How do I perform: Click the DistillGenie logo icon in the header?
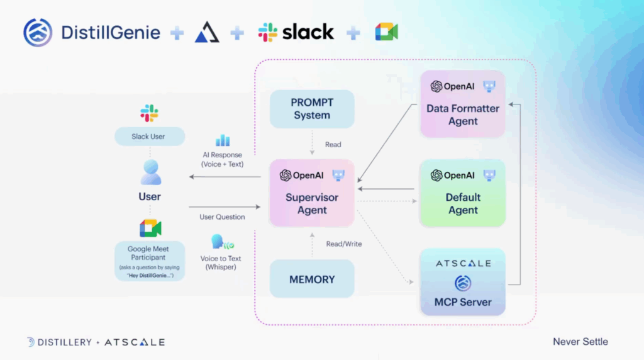point(38,33)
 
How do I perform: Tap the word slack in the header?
point(308,32)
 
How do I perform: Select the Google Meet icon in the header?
point(387,32)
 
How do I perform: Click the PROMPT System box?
point(312,109)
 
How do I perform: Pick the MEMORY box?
point(312,279)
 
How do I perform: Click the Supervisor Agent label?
point(312,203)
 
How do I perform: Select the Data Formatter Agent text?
point(463,115)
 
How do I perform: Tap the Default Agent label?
point(463,203)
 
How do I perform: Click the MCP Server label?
point(463,302)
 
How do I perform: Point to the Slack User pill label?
point(149,137)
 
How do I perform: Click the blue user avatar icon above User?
point(150,172)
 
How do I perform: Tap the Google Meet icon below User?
point(150,228)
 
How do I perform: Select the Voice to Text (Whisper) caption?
point(221,262)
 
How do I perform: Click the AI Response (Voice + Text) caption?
point(222,159)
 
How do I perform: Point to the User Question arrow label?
point(222,217)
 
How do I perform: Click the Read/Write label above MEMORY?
point(343,244)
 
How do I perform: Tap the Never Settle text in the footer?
point(580,342)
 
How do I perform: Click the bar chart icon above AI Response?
point(223,140)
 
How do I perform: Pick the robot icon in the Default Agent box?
point(489,176)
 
